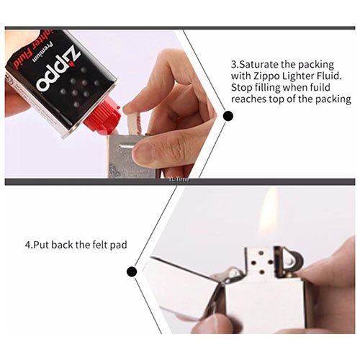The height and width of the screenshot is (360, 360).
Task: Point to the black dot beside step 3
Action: click(228, 115)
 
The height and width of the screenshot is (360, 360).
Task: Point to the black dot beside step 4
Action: click(132, 272)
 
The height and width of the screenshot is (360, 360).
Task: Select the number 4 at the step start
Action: click(27, 245)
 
